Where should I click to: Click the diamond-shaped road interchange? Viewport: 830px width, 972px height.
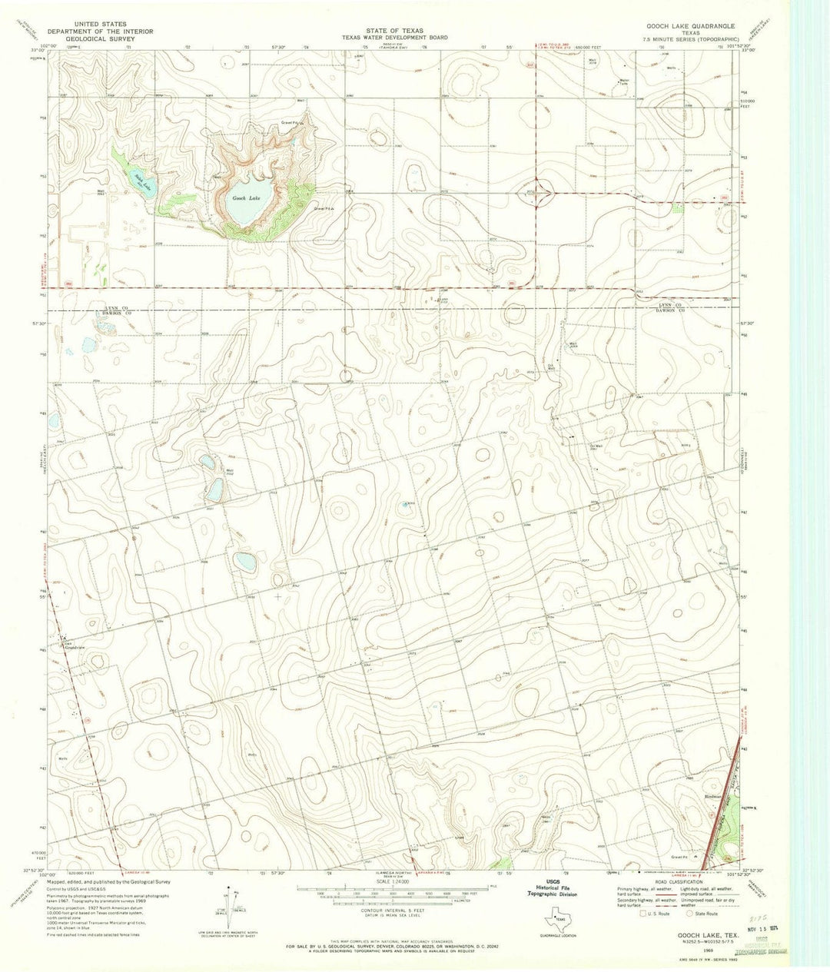542,193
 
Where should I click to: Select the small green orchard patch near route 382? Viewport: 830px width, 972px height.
677,207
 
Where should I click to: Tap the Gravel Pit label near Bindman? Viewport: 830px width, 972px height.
680,856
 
